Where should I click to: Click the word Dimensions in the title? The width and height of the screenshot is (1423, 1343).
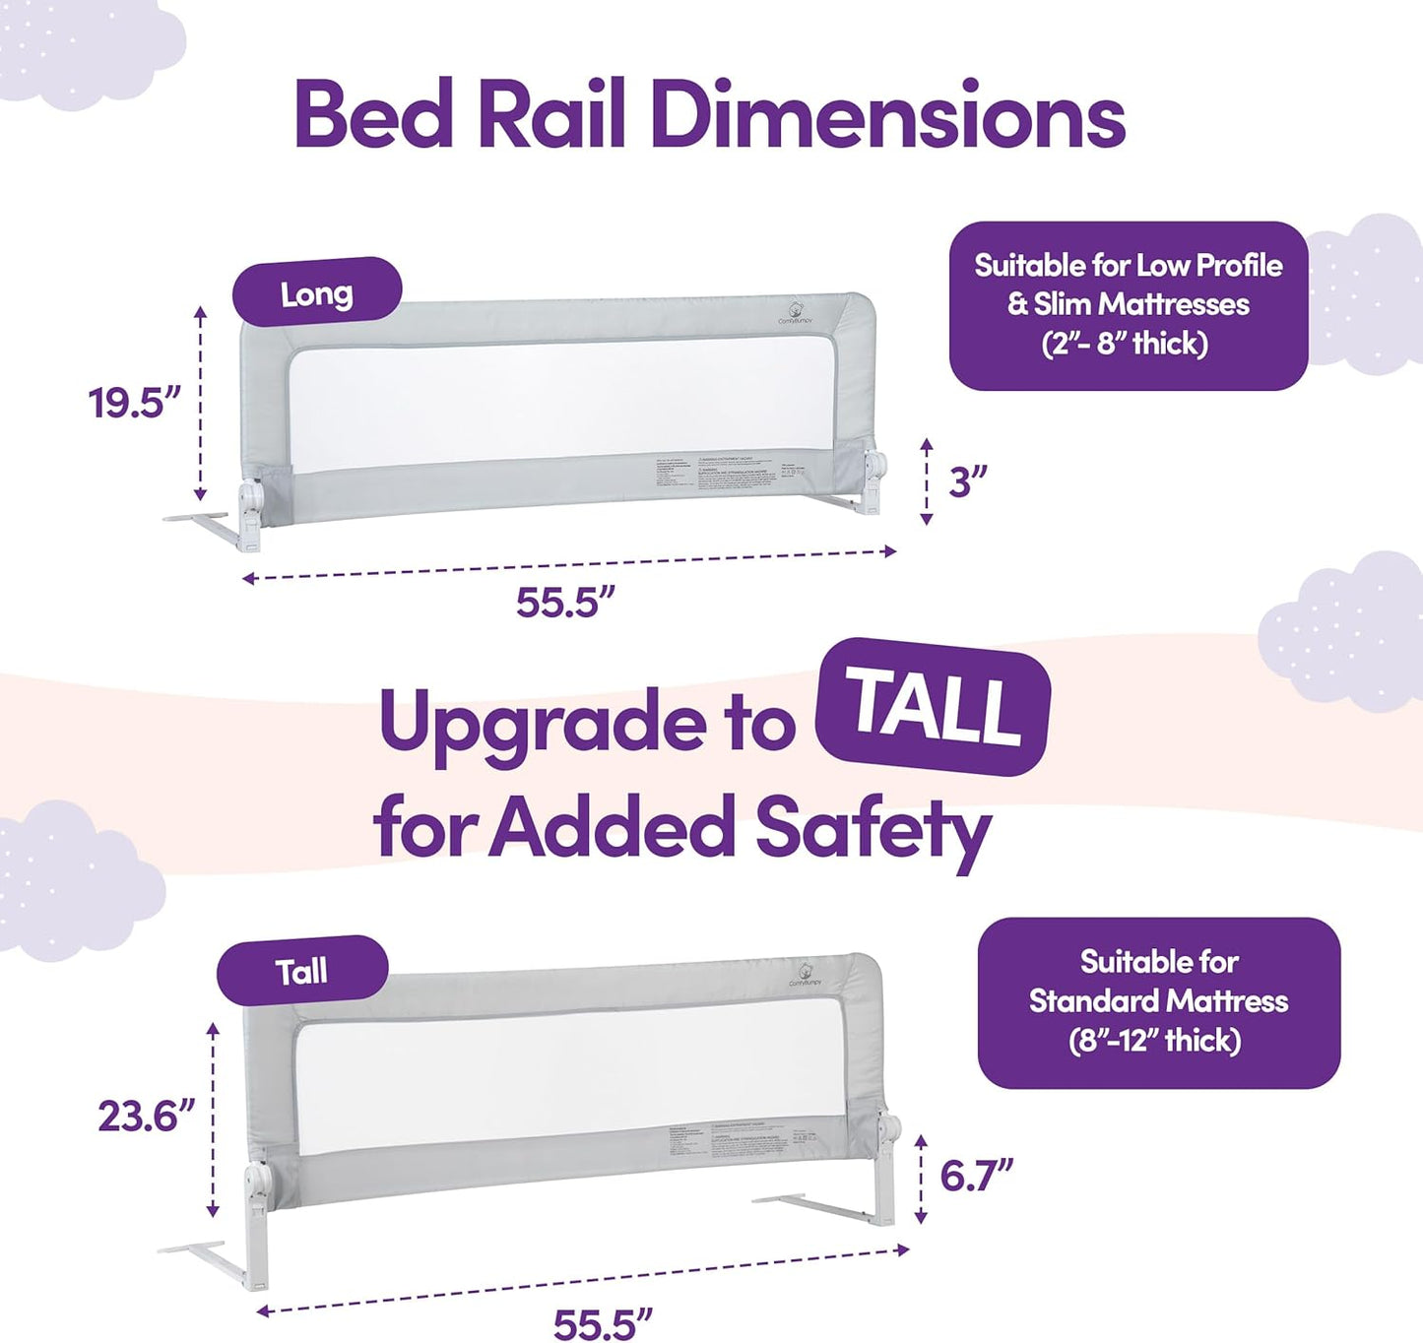point(886,116)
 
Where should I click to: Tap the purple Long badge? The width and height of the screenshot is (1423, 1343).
point(316,292)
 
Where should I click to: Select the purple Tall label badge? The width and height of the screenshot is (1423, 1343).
point(301,971)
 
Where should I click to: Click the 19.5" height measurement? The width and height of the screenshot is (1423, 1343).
point(135,403)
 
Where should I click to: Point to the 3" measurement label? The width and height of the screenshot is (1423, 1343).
point(967,482)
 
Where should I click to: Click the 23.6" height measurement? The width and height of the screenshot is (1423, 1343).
point(146,1117)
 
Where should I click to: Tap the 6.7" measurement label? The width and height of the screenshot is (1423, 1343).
point(976,1176)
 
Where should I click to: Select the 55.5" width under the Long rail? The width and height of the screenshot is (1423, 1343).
point(565,602)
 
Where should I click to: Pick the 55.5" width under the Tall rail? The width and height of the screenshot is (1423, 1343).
point(603,1323)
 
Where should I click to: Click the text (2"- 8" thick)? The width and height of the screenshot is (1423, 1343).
point(1125,344)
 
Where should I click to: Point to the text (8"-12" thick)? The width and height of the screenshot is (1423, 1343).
point(1154,1041)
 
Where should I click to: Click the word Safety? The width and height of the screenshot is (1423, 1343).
point(873,829)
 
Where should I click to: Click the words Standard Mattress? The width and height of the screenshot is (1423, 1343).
point(1158,1001)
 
